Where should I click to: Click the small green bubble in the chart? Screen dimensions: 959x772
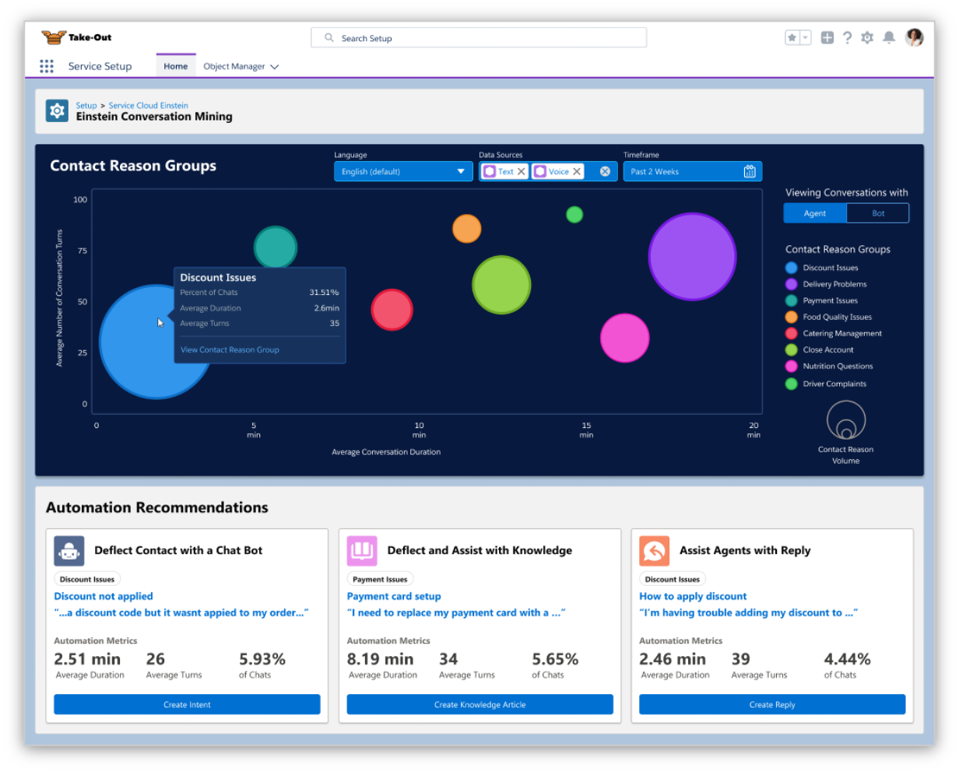574,215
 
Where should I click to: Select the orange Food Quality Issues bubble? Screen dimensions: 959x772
466,229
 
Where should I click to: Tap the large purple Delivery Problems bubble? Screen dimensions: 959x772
692,257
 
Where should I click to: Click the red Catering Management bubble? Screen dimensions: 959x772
392,310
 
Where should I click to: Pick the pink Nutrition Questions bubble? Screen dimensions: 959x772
624,338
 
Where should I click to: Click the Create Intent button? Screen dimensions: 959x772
187,704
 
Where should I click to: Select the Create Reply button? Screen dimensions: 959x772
772,704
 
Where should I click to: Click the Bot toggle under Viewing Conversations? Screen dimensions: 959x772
877,213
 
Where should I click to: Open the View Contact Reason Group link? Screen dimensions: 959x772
230,349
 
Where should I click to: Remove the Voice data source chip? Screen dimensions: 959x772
577,171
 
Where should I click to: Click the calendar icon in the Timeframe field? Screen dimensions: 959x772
750,171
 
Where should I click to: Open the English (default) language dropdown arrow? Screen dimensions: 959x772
461,171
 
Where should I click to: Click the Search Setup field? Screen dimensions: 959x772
479,38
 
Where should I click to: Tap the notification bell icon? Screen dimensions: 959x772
889,37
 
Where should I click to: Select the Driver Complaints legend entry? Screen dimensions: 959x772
826,384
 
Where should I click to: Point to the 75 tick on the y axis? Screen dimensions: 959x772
83,251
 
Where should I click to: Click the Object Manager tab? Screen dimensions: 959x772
241,66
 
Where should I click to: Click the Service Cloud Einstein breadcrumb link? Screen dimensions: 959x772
149,105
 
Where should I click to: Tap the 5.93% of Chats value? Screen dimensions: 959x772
262,659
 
